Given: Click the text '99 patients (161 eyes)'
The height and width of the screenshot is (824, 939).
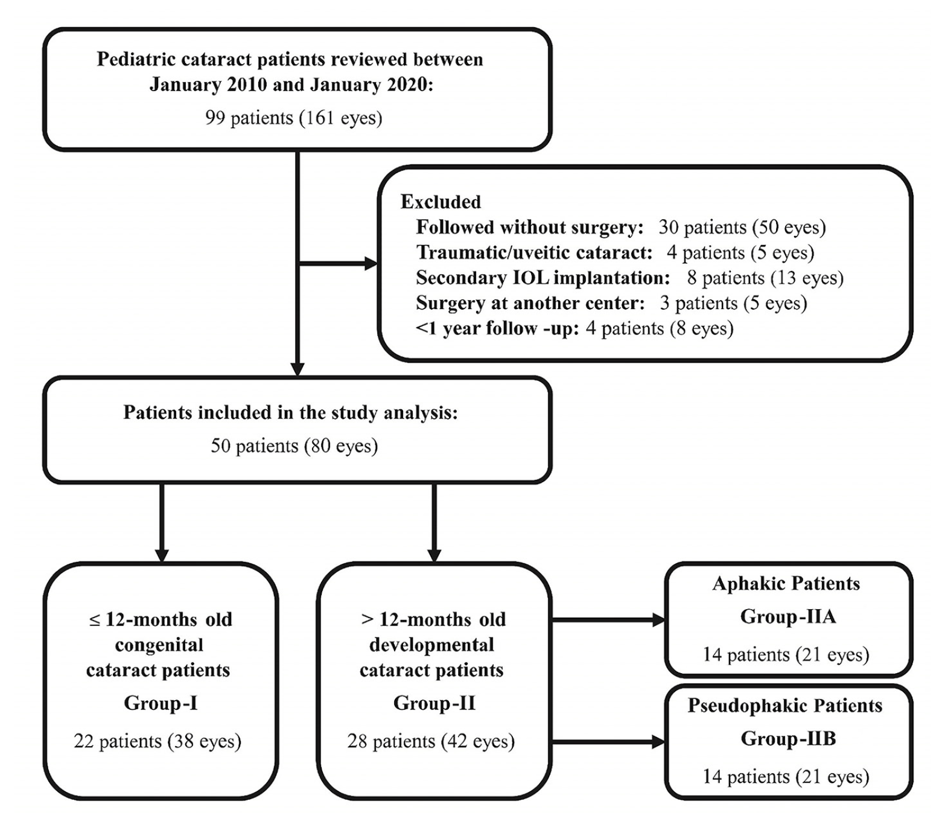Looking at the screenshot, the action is pos(294,117).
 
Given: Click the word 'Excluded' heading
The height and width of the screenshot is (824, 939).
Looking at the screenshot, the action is pos(441,202).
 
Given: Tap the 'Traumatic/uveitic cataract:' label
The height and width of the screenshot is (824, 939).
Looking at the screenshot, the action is pos(534,252).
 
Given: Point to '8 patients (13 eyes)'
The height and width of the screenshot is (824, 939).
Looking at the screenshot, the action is pos(765,278).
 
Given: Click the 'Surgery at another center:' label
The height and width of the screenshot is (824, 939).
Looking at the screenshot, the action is pos(530,303).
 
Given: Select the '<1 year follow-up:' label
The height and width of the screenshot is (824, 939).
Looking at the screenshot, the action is pos(498,328).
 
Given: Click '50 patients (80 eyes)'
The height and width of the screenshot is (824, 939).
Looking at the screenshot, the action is pos(294,446).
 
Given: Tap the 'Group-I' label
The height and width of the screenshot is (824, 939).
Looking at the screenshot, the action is pos(161,703).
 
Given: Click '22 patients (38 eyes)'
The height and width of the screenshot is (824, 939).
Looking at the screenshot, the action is pos(158,741).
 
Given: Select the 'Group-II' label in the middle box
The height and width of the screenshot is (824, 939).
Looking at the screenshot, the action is pos(434,703).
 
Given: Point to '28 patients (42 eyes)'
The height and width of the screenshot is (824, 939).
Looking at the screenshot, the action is pos(431,741).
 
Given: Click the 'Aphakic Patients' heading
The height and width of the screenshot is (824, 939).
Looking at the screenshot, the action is pos(786,584).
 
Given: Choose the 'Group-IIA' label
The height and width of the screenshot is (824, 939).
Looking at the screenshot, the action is pos(788,616).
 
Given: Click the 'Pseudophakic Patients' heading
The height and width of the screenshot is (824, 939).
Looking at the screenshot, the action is pos(785,706).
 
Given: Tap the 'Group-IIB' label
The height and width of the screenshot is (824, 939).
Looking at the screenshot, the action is pos(788,738).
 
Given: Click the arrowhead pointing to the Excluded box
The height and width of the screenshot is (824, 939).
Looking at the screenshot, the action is pos(371,264).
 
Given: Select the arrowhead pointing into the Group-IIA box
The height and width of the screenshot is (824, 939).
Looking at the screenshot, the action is pos(658,619).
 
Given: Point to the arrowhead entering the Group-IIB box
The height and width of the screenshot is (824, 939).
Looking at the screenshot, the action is pos(658,742).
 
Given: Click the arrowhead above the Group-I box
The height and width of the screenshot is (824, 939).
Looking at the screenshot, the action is pos(161,555).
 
